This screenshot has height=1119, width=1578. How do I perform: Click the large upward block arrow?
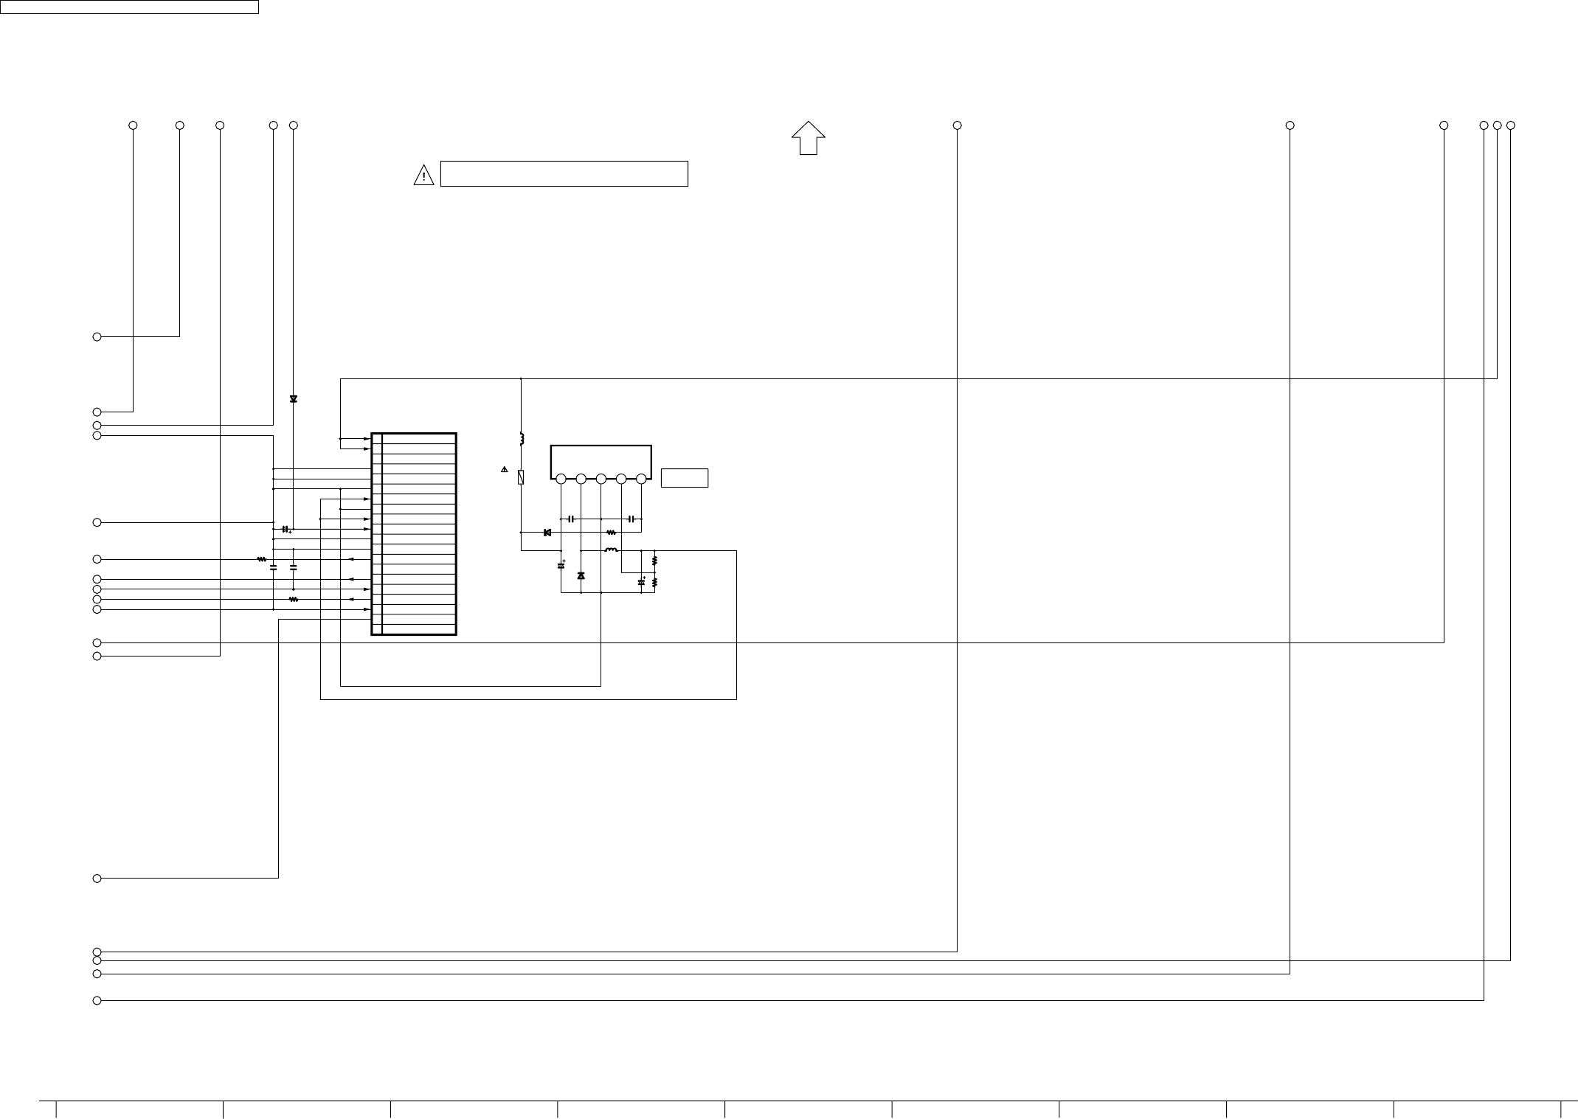click(808, 138)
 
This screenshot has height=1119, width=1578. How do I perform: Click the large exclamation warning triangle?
click(423, 176)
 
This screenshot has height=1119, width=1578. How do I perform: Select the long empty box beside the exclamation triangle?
click(564, 174)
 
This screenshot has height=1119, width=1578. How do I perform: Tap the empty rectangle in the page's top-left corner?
click(129, 7)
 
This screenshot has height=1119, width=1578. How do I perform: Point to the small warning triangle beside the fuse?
click(505, 469)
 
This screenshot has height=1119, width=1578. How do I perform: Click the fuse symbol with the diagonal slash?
click(521, 477)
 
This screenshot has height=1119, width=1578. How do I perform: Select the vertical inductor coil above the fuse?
click(522, 439)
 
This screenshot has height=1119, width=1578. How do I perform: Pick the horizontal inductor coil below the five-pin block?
click(611, 550)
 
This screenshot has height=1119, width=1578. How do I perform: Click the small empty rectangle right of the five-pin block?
click(684, 478)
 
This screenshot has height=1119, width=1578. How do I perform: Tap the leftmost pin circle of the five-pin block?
click(561, 479)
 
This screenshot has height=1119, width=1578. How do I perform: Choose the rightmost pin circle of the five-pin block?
click(641, 479)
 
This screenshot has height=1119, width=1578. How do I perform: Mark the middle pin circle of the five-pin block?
click(601, 479)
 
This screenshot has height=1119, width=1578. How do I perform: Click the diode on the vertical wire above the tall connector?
click(294, 399)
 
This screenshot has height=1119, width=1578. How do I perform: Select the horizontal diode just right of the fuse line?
click(547, 533)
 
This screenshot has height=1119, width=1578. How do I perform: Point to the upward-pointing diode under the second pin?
click(581, 575)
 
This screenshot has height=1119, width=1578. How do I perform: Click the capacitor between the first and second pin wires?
click(571, 519)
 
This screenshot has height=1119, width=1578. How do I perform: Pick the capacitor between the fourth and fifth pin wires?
click(631, 519)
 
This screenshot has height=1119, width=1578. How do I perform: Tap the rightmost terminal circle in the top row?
click(1510, 125)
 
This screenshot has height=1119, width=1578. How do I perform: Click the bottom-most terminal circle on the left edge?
click(97, 1000)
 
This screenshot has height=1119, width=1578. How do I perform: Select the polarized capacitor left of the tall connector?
click(286, 530)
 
